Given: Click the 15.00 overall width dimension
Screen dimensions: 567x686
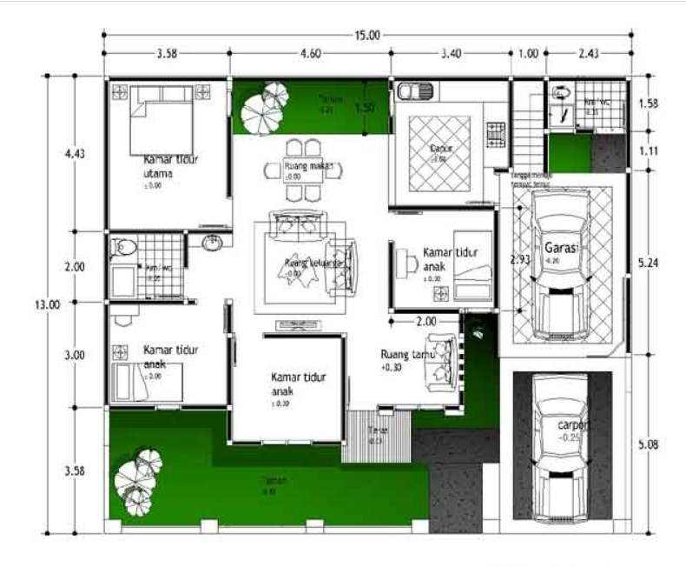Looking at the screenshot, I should coord(366,36).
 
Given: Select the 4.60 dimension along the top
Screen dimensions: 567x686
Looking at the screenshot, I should coord(310,53).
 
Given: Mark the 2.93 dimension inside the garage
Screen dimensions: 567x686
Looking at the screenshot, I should coord(519,259).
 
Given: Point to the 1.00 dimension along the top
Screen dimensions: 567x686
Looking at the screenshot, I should coord(528,53).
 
